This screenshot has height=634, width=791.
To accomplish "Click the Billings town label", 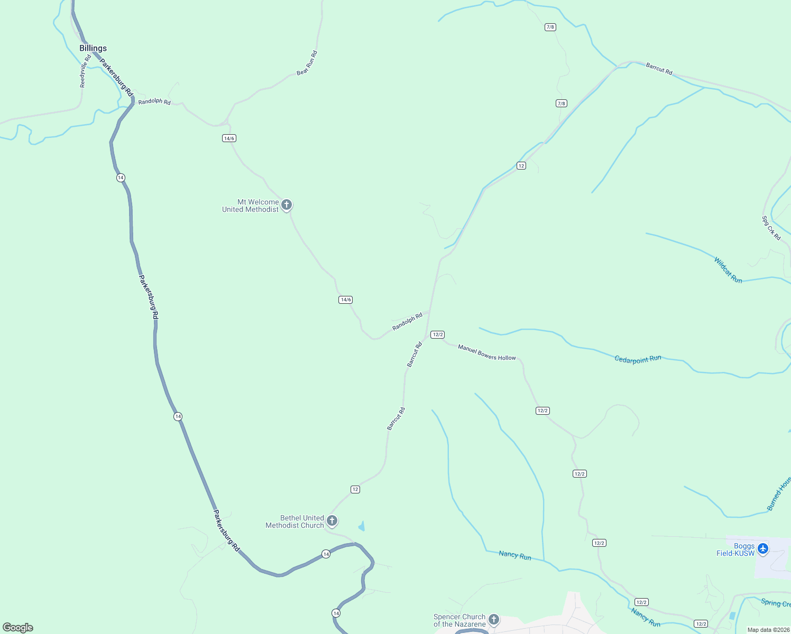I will tap(93, 48).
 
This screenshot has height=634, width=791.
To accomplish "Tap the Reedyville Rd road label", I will tap(85, 71).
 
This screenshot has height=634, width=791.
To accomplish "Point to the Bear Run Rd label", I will tap(307, 63).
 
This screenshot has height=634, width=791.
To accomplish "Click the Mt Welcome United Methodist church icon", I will tap(287, 204).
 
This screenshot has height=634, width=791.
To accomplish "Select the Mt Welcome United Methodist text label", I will tap(251, 206).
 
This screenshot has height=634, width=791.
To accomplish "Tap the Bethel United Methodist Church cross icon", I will tap(332, 521).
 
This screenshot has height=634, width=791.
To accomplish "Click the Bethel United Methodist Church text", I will tap(295, 521).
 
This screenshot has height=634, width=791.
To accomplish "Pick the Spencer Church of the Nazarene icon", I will tap(494, 619).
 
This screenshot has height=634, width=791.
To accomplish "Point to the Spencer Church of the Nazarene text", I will tap(459, 620).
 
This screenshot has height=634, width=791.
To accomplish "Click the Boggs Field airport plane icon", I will tap(762, 549).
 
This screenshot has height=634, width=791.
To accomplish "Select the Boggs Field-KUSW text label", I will tap(735, 549).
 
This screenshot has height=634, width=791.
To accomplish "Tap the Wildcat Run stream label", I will tap(728, 270).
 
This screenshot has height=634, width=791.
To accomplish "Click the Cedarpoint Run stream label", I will tap(638, 359).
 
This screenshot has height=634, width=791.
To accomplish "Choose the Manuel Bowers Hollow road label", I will tap(486, 352).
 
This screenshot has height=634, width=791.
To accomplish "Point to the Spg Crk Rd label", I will tap(771, 228).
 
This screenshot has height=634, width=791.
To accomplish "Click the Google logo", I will tap(18, 628).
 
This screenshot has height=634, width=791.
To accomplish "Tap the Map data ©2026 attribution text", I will tap(768, 630).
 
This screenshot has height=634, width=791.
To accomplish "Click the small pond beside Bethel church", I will tap(362, 526).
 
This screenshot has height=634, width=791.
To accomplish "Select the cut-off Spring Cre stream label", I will tap(776, 603).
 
